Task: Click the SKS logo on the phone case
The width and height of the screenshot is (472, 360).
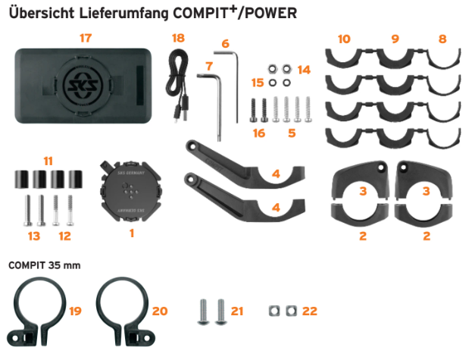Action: pos(83,86)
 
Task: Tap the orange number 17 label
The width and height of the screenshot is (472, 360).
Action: pos(86,38)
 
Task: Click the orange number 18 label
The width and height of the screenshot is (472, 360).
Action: pos(178,38)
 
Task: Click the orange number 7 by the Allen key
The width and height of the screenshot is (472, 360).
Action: pos(210,66)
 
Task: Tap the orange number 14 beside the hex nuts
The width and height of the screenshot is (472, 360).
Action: pos(304,70)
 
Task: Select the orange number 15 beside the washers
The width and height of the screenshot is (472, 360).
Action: pos(258,83)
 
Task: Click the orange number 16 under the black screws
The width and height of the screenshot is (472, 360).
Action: pos(259,133)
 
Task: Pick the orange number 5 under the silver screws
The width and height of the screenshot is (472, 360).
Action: pos(292,133)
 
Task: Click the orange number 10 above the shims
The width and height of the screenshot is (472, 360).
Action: pos(344,39)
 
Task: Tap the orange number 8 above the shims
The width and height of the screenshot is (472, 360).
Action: pos(442,39)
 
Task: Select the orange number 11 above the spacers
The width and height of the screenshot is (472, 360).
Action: pos(48,161)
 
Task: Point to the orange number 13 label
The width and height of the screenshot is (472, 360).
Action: pos(34,236)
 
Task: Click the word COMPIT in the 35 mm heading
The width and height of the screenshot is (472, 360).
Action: pos(27,265)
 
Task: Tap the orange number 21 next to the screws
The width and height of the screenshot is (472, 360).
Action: pos(237,311)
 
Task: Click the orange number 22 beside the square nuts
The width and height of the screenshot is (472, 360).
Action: pos(310,311)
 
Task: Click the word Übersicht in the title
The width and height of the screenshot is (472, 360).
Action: pos(42,13)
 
